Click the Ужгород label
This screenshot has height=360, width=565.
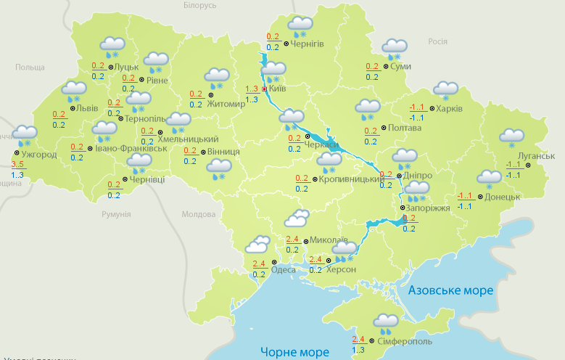click(39, 155)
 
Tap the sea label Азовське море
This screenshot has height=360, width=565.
click(450, 290)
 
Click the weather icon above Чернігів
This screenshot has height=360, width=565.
click(300, 26)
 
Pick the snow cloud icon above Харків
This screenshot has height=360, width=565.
click(445, 90)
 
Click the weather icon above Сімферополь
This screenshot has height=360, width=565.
click(385, 322)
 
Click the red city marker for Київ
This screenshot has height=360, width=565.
click(265, 89)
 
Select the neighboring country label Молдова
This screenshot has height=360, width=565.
click(198, 215)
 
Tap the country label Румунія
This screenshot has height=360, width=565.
click(116, 215)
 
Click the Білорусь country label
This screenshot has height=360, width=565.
click(200, 5)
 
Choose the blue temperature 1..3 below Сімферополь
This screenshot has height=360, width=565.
click(358, 349)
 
